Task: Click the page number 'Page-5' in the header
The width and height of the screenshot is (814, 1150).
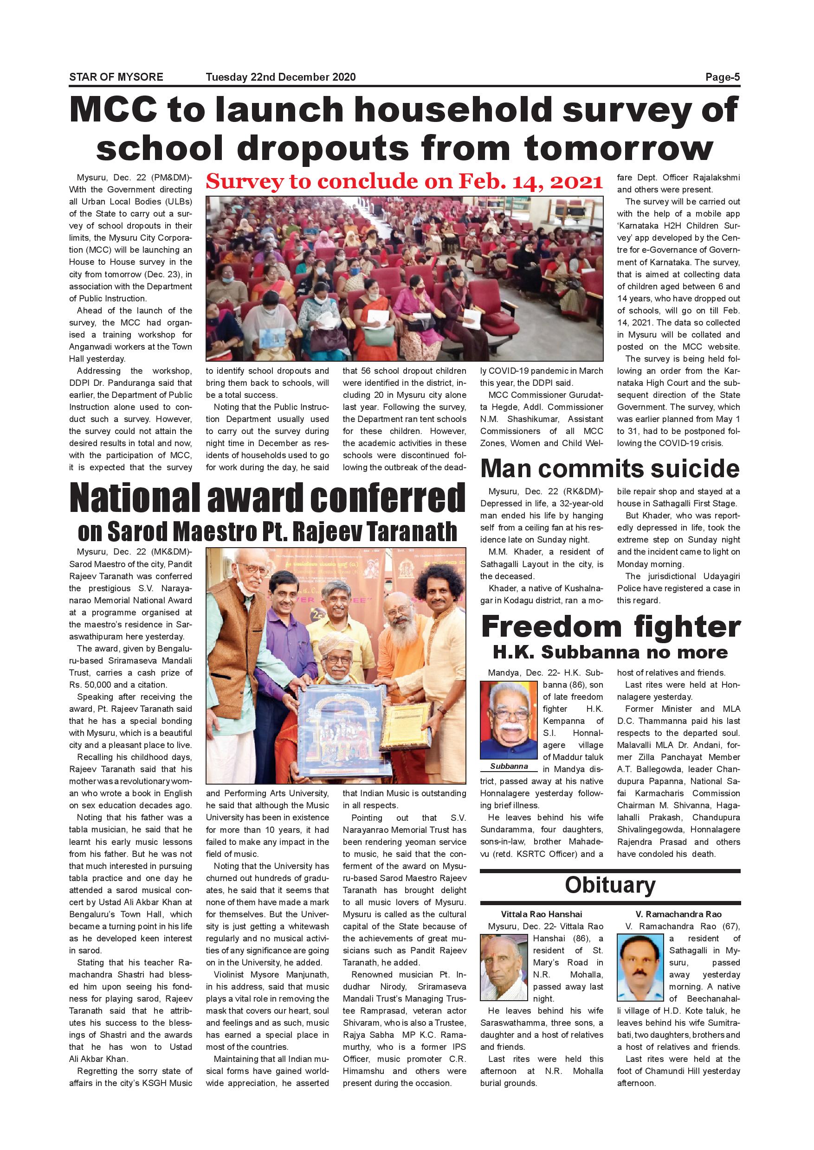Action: [722, 77]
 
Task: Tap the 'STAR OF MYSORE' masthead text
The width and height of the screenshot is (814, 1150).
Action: [116, 77]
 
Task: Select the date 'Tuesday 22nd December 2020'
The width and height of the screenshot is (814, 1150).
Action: [280, 77]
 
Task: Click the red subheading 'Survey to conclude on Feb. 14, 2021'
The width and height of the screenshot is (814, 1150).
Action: [404, 181]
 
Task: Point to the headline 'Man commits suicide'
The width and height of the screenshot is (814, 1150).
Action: [609, 468]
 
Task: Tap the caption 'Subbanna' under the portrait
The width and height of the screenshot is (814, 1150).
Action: [509, 766]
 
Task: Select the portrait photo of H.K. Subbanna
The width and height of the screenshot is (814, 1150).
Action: [509, 721]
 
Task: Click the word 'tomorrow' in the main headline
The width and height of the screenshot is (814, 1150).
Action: [618, 148]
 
